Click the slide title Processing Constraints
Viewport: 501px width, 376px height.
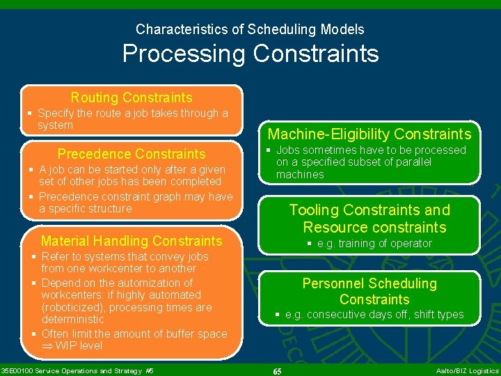pos(250,54)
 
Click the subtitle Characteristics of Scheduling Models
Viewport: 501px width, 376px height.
pos(250,29)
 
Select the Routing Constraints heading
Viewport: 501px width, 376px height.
pos(132,97)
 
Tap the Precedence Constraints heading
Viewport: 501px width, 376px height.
pos(132,154)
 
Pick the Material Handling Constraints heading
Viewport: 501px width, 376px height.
pos(132,241)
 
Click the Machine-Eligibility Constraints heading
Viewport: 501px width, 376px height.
pos(369,134)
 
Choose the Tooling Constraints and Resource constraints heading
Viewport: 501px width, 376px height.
pos(369,219)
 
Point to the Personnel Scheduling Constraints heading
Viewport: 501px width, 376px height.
pos(369,291)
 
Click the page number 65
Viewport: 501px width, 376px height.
pos(277,371)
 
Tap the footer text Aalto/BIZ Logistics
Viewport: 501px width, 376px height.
pos(467,371)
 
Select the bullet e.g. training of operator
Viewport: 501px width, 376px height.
pos(374,244)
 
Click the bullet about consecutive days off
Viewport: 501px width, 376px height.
pos(374,315)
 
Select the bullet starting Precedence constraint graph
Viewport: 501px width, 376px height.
pos(136,203)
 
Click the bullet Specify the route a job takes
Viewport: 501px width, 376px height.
pos(132,118)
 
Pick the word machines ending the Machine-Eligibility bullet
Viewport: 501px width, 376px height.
pos(300,175)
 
